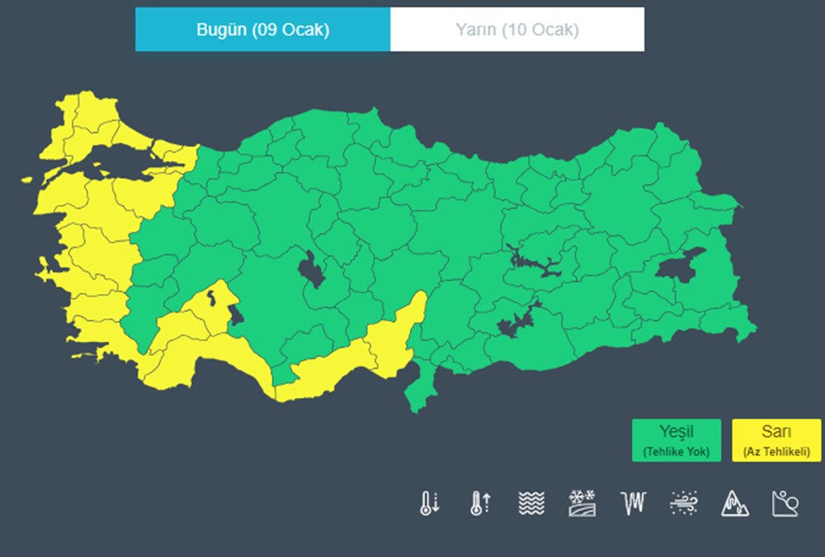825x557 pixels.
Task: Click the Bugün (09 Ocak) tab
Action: tap(262, 30)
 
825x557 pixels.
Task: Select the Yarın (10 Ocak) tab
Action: tap(517, 30)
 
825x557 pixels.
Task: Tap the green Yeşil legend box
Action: tap(676, 440)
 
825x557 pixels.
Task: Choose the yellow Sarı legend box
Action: tap(775, 440)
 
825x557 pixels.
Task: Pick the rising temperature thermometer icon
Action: tap(480, 503)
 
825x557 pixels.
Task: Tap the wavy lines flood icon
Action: tap(531, 503)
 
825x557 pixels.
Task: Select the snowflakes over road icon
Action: tap(582, 503)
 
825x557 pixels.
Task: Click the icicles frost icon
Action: tap(632, 503)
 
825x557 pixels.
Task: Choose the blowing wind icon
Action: tap(684, 503)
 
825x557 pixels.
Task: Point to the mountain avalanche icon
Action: tap(734, 503)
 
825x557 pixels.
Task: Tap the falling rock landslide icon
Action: tap(785, 503)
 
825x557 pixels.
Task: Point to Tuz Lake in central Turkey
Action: tap(311, 269)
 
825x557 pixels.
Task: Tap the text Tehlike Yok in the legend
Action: tap(676, 451)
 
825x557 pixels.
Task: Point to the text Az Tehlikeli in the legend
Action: tap(775, 451)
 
